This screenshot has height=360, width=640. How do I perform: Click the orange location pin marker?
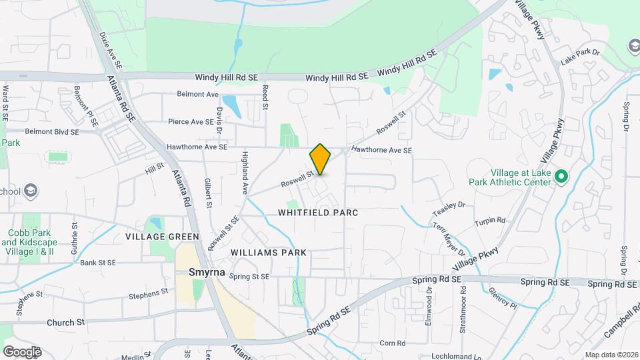321,159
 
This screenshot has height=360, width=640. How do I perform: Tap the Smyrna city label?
203,273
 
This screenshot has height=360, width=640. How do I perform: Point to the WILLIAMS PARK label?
269,253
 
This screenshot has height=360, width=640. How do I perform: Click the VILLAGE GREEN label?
162,237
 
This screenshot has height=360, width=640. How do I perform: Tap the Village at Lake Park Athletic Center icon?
561,177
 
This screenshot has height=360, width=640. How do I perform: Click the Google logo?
21,351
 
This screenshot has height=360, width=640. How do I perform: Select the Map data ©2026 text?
610,354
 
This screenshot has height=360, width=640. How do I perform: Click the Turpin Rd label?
490,221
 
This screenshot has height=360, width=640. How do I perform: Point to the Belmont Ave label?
198,94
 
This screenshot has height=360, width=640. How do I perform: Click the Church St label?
65,322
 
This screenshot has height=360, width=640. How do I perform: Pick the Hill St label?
155,168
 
